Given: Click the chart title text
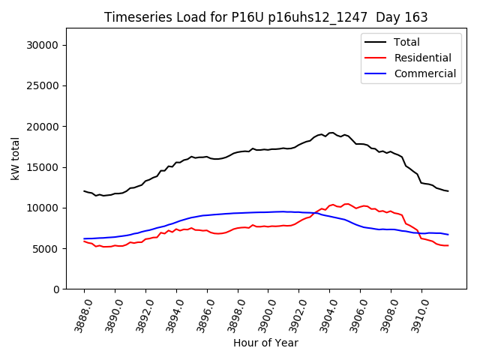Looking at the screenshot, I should (265, 17).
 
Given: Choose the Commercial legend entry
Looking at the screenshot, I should (424, 73).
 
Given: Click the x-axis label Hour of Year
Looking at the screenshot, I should (265, 343).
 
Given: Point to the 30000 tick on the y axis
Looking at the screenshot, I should (43, 45).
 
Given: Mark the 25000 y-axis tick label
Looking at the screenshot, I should (43, 85).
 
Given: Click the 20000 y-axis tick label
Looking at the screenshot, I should (43, 126).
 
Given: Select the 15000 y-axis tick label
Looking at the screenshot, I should (43, 167).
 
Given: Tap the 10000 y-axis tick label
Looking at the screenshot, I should (43, 208).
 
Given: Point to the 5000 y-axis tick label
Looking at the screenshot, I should (46, 248).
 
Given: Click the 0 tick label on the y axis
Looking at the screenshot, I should (57, 289).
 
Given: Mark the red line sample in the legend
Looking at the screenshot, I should (376, 58).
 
